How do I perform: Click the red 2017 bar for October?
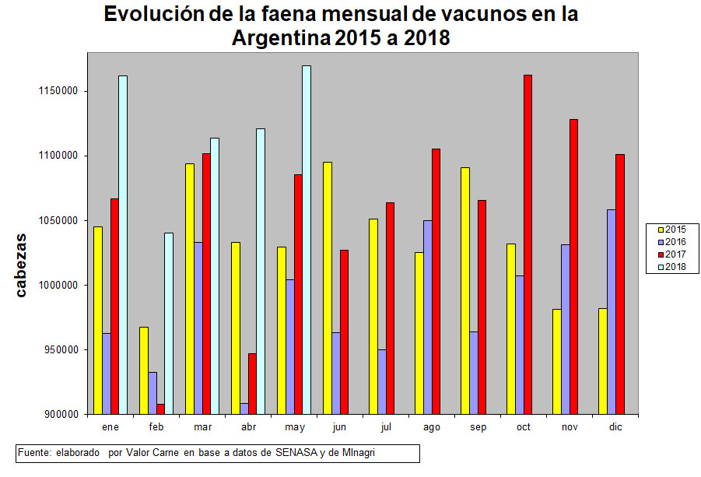coord(528,244)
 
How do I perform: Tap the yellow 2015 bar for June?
coord(328,288)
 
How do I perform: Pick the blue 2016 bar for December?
coord(611,311)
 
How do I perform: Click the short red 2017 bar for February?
coord(159,409)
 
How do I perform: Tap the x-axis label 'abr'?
coord(248,427)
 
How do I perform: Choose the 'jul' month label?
coord(386,427)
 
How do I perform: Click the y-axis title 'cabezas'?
coord(23,265)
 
